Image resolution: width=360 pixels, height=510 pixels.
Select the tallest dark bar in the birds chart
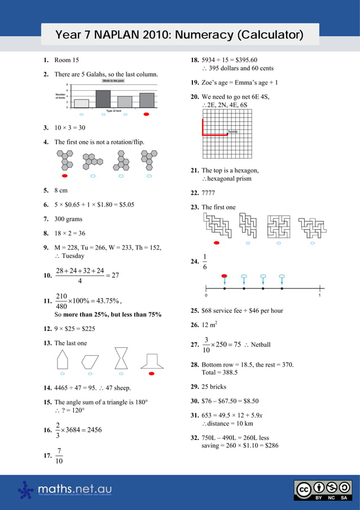[x=103, y=99]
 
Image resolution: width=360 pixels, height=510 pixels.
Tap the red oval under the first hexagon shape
[x=65, y=176]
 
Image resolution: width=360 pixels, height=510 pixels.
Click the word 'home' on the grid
[x=232, y=132]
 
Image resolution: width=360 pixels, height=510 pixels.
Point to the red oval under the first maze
[x=217, y=243]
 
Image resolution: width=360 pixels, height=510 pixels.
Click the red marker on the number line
[x=225, y=276]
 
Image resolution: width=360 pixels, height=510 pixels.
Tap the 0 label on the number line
[x=206, y=295]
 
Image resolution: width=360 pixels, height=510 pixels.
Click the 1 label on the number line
[x=320, y=295]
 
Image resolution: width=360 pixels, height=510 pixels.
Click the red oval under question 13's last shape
[x=151, y=373]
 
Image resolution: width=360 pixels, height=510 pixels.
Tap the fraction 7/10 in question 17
[x=59, y=456]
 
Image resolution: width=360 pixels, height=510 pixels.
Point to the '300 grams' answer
[x=68, y=219]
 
